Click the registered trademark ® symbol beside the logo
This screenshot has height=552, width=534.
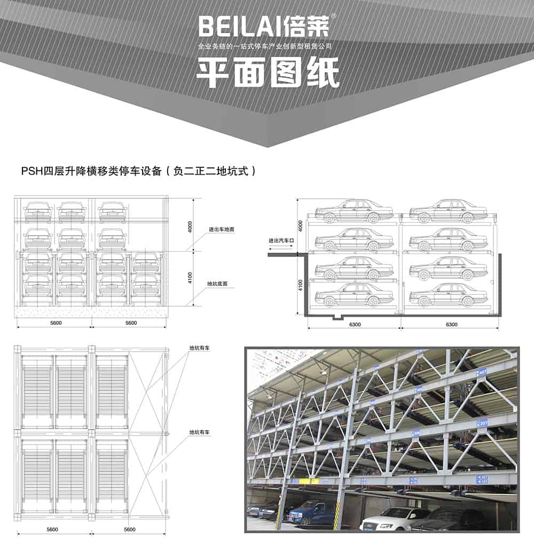(x=334, y=16)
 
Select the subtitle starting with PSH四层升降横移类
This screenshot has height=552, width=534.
(x=139, y=172)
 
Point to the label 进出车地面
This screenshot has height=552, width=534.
(x=222, y=229)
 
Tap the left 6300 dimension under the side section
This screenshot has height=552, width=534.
(x=354, y=323)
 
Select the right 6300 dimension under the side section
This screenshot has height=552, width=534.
(x=452, y=323)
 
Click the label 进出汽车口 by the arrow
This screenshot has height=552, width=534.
(x=281, y=241)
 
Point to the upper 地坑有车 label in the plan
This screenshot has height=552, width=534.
(x=199, y=348)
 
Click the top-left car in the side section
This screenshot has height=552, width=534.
(x=354, y=211)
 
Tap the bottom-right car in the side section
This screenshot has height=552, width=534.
(x=448, y=295)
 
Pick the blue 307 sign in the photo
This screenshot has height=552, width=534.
(x=482, y=424)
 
